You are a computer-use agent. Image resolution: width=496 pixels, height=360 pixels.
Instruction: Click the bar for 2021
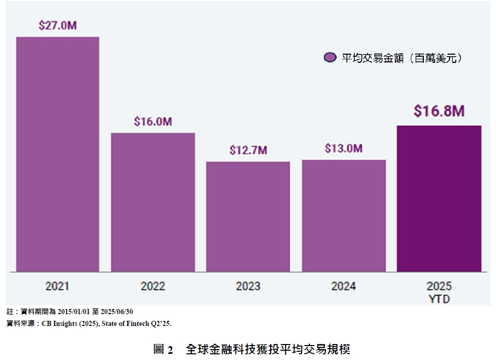(x=57, y=155)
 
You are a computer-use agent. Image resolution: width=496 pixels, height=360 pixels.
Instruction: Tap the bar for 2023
(x=248, y=217)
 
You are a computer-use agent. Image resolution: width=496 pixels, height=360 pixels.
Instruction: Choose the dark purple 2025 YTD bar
(x=439, y=199)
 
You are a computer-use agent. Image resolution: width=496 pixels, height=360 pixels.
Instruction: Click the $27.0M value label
(x=57, y=25)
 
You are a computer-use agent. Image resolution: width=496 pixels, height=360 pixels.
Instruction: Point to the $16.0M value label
(x=153, y=122)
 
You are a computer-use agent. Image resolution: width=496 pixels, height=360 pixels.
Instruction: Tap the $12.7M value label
(x=248, y=151)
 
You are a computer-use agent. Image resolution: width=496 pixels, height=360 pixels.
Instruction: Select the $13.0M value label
(x=344, y=149)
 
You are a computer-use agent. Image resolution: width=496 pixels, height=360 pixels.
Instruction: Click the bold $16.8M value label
(x=439, y=111)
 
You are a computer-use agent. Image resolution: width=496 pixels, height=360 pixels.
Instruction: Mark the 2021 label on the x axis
(x=57, y=286)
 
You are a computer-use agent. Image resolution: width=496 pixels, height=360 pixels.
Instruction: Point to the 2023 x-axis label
(x=248, y=286)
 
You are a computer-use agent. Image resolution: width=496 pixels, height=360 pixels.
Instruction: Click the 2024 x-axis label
(x=344, y=286)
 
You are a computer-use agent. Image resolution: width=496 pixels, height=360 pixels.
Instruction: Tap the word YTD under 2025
(x=439, y=299)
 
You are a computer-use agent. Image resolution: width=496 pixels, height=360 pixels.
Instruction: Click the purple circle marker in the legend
(x=330, y=58)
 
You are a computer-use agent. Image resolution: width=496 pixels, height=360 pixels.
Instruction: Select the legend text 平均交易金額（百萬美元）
(x=402, y=58)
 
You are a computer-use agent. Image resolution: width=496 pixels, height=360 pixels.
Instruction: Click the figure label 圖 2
(x=163, y=349)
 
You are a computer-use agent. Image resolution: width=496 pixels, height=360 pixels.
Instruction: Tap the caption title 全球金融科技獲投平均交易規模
(x=268, y=349)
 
